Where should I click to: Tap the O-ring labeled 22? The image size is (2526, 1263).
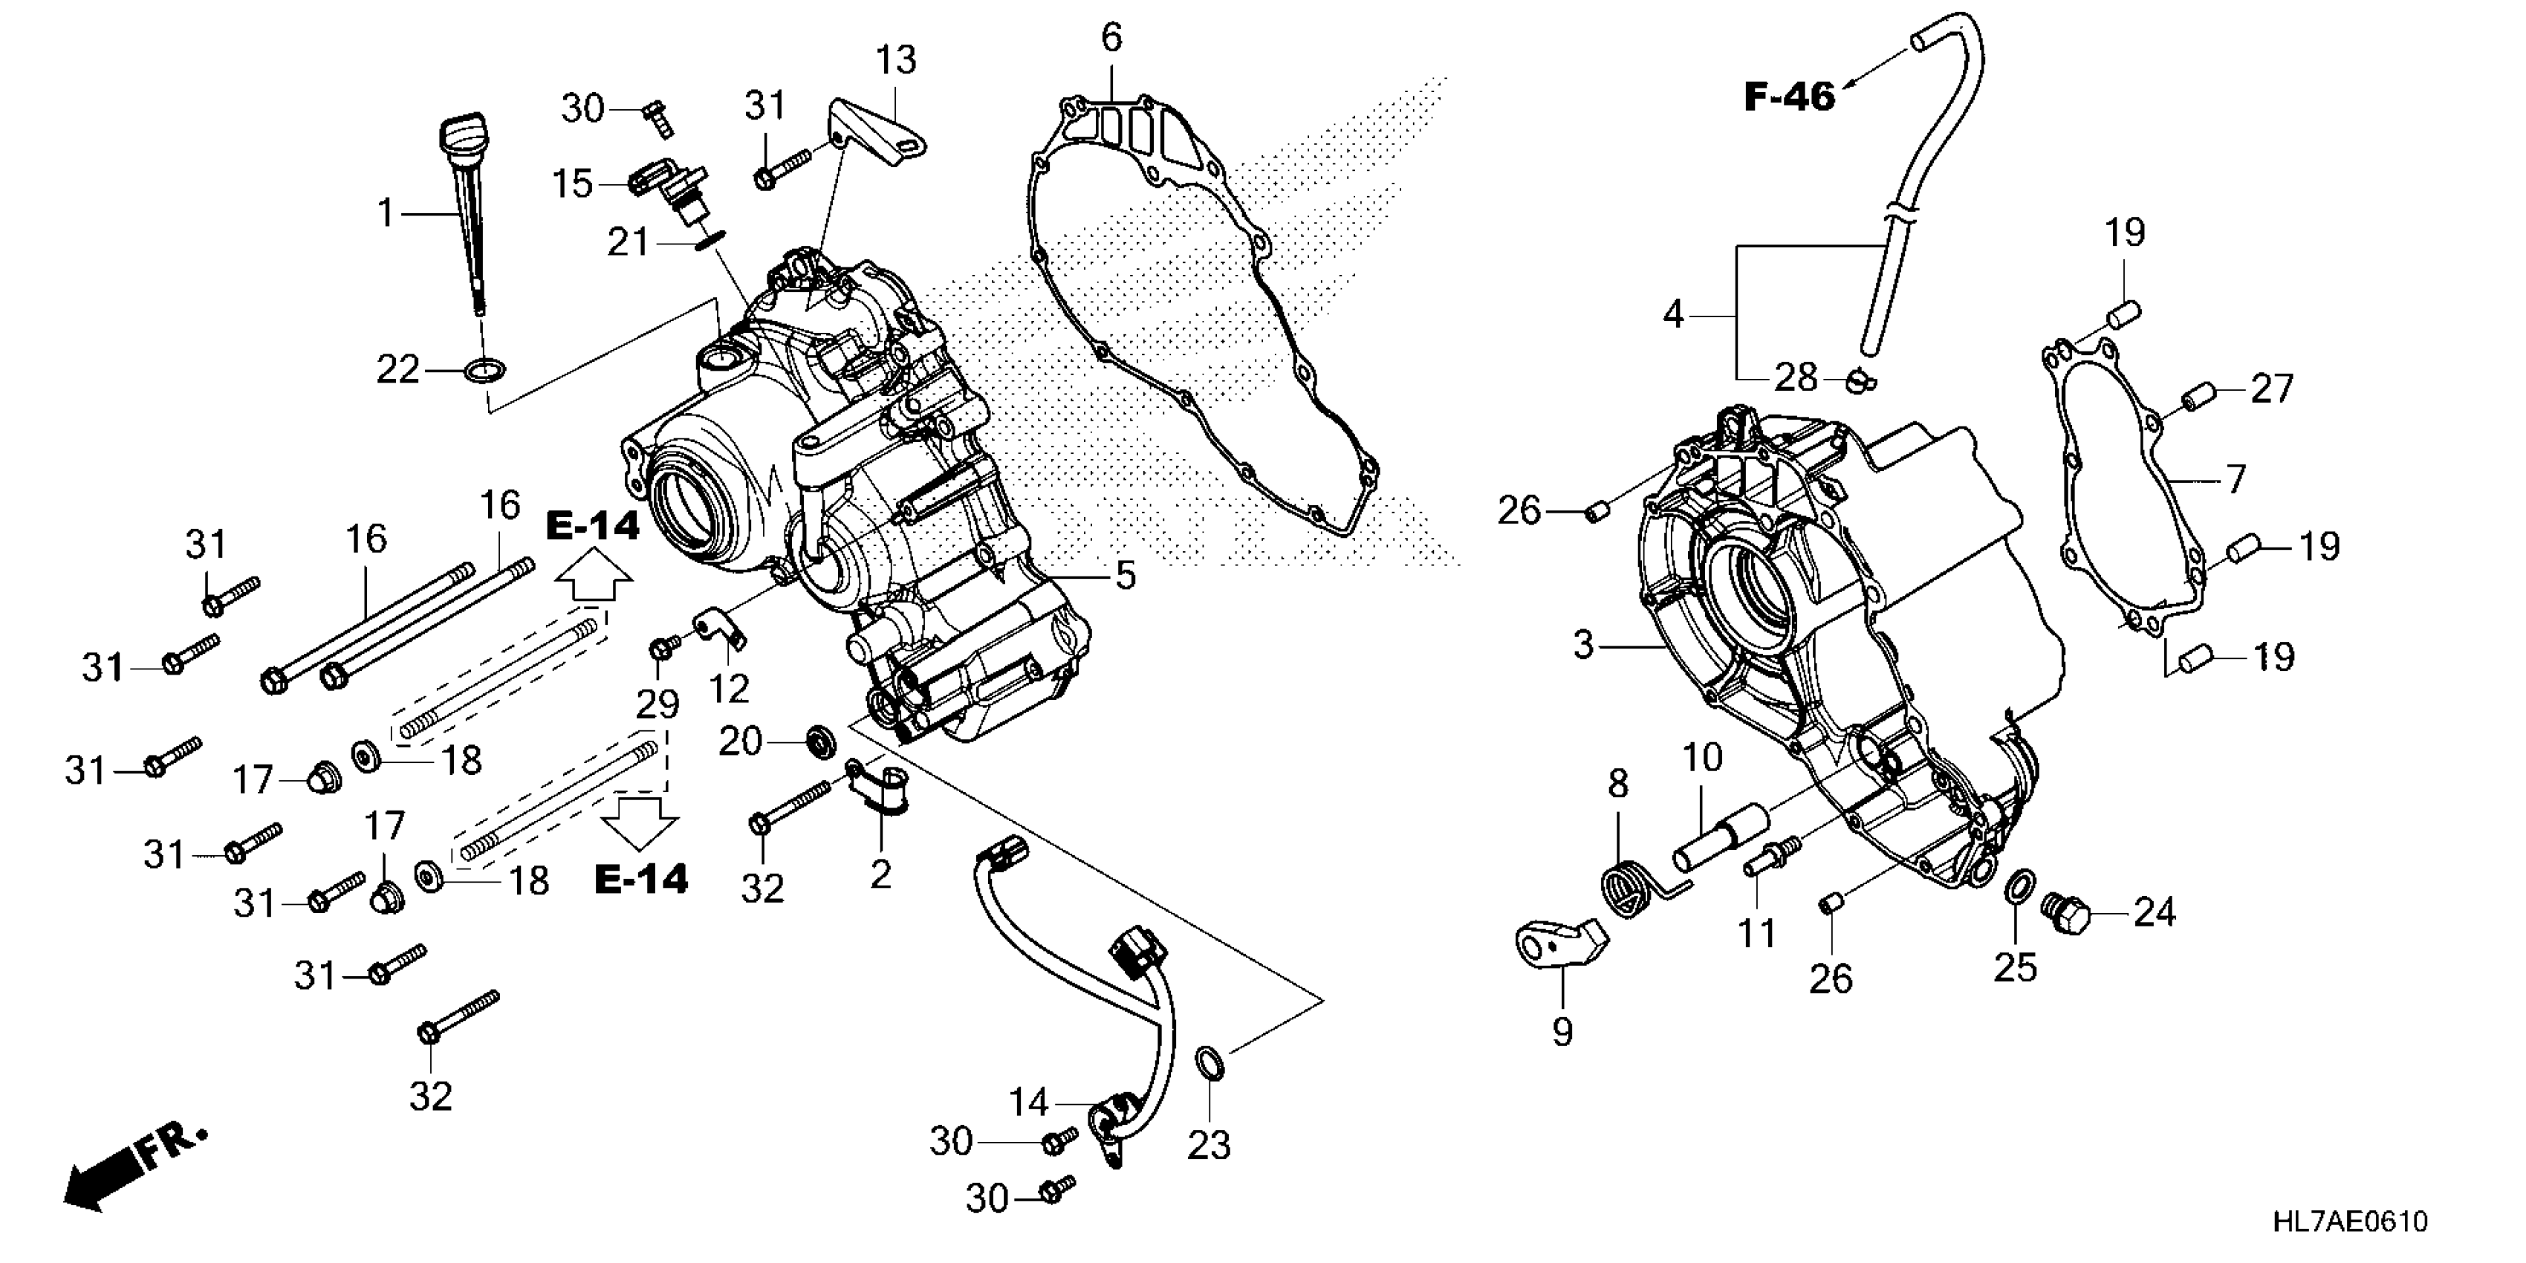pyautogui.click(x=484, y=371)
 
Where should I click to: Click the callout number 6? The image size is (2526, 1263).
pyautogui.click(x=1111, y=38)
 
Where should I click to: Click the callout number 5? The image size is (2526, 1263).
pyautogui.click(x=1126, y=576)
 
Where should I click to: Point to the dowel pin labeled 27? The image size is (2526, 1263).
pyautogui.click(x=2195, y=401)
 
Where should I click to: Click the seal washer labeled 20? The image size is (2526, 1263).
pyautogui.click(x=819, y=741)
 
